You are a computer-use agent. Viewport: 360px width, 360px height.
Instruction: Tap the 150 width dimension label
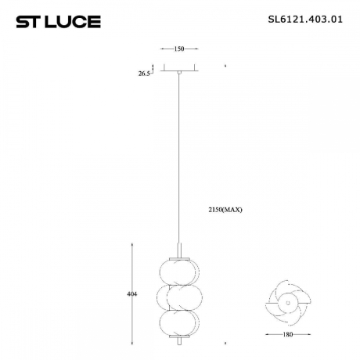point(178,49)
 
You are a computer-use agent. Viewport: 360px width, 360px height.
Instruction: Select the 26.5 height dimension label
point(143,74)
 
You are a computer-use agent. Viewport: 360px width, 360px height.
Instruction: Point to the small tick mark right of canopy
point(225,67)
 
